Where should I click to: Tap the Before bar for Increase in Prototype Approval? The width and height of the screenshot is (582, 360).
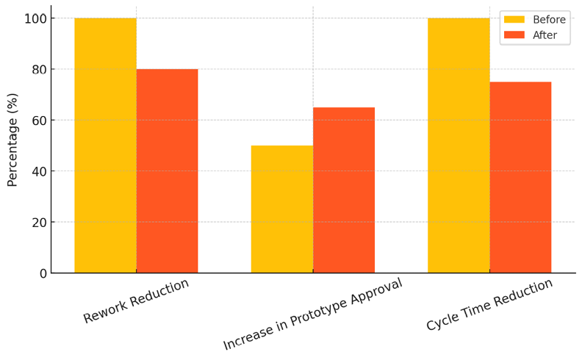(281, 209)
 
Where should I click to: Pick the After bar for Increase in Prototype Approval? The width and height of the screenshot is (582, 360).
(344, 190)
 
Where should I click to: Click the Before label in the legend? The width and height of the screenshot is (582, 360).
(549, 20)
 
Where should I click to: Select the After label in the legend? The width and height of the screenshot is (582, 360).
(545, 35)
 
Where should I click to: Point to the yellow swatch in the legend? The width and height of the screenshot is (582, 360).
(514, 20)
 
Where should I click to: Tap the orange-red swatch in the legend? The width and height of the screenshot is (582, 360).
(514, 35)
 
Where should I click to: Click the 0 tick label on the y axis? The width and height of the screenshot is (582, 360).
(43, 273)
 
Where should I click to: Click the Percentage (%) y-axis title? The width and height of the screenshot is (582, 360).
(12, 140)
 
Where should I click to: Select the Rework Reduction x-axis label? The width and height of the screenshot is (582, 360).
(136, 300)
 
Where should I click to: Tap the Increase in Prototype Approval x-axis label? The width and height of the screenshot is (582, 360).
(313, 314)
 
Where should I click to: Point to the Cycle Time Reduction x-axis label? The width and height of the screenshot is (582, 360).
(489, 304)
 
